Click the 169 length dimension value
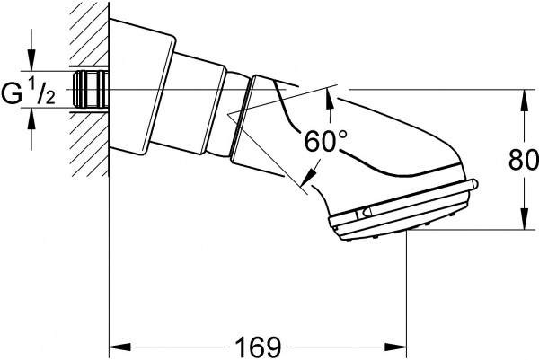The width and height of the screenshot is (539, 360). [x=258, y=345]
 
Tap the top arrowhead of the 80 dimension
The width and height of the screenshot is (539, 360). [x=521, y=98]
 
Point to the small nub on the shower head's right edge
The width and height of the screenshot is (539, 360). [x=474, y=187]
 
